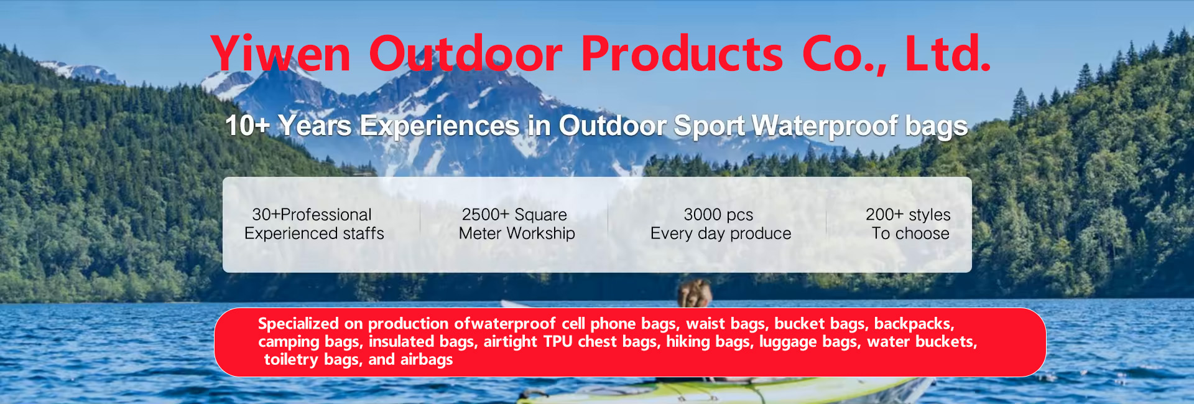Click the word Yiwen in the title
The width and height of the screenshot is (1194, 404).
[281, 54]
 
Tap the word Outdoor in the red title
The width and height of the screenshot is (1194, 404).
[466, 54]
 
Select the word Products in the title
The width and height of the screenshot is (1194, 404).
[682, 54]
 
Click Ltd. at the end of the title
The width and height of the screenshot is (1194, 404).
[948, 54]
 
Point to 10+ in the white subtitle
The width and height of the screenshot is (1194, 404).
[247, 126]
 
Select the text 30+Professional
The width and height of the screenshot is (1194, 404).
[312, 215]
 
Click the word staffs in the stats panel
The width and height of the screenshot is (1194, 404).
[364, 233]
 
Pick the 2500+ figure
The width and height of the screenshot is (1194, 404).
[485, 215]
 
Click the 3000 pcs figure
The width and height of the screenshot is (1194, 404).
[718, 215]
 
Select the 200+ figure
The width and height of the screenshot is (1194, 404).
[884, 215]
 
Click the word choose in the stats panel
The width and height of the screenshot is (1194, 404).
[922, 233]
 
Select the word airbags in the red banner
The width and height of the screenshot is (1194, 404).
[427, 360]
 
